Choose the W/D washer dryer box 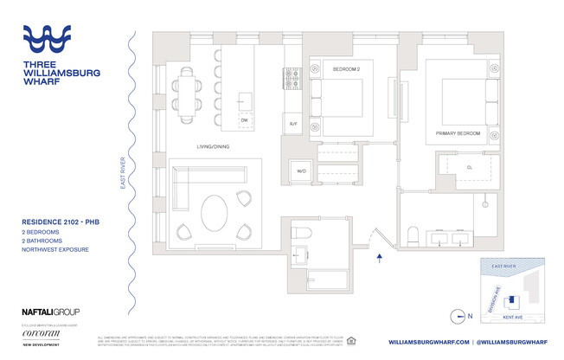(302, 170)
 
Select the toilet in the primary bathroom (413, 235)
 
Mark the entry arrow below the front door (379, 255)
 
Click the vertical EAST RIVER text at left (123, 172)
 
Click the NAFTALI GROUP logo (50, 312)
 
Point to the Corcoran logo (42, 332)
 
